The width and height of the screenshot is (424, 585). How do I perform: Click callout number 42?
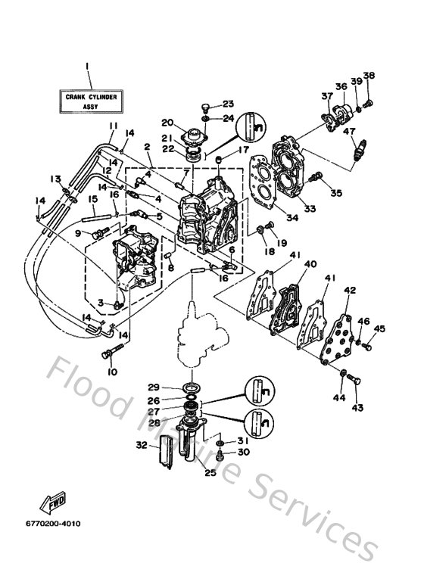[349, 291]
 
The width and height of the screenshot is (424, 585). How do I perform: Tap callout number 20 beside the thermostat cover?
[167, 123]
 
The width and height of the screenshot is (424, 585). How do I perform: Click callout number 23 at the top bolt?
[228, 104]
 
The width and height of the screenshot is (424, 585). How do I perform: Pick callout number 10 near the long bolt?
[113, 372]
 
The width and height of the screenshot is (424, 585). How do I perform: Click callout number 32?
[141, 446]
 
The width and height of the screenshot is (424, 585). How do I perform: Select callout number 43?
[357, 407]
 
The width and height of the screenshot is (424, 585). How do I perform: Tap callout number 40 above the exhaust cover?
[310, 264]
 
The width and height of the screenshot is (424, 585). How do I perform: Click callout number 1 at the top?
[89, 66]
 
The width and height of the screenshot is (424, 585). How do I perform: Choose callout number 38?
[369, 75]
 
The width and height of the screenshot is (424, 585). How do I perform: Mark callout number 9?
[77, 233]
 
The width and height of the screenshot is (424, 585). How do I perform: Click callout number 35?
[336, 193]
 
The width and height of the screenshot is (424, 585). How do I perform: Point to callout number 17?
[245, 150]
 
